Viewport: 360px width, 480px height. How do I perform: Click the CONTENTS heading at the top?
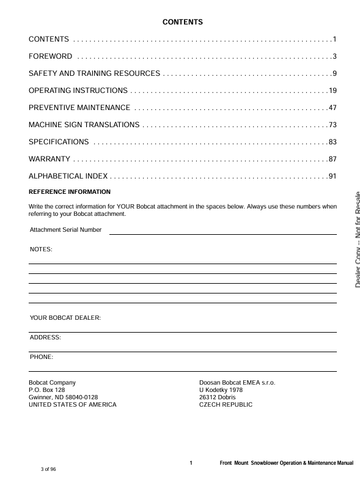183,20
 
